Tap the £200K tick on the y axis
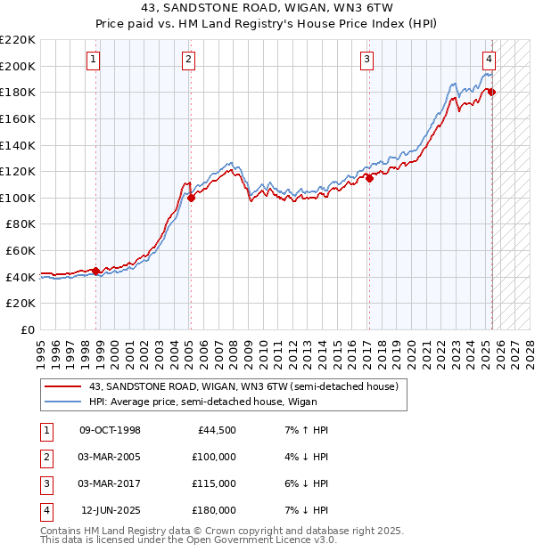click(x=18, y=66)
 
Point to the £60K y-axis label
click(x=21, y=251)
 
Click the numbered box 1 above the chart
click(x=94, y=60)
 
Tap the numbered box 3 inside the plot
click(x=366, y=60)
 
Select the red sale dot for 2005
click(x=191, y=198)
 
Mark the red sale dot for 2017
click(x=368, y=178)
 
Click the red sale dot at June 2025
click(x=491, y=92)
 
